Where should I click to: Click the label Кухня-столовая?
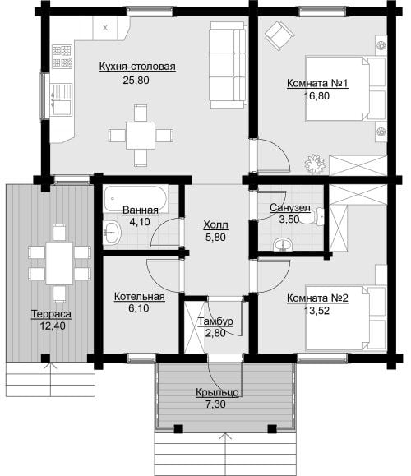coord(137,67)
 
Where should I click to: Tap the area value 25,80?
coord(136,81)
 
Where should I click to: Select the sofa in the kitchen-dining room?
coord(228,65)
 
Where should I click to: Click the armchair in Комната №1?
coord(279,35)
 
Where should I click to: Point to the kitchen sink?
coord(62,99)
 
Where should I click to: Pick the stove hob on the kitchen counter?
coord(62,57)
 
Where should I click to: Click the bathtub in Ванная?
coord(136,199)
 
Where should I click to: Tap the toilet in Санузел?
coord(312,217)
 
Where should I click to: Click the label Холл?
coord(215,225)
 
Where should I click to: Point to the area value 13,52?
coord(317,311)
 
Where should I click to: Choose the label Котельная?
coord(140,297)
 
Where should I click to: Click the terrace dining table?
coord(59,263)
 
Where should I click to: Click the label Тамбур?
coord(215,321)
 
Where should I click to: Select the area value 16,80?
coord(317,96)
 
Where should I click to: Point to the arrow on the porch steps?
coord(225,455)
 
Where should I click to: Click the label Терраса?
coord(51,314)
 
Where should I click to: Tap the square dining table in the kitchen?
coord(141,136)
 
